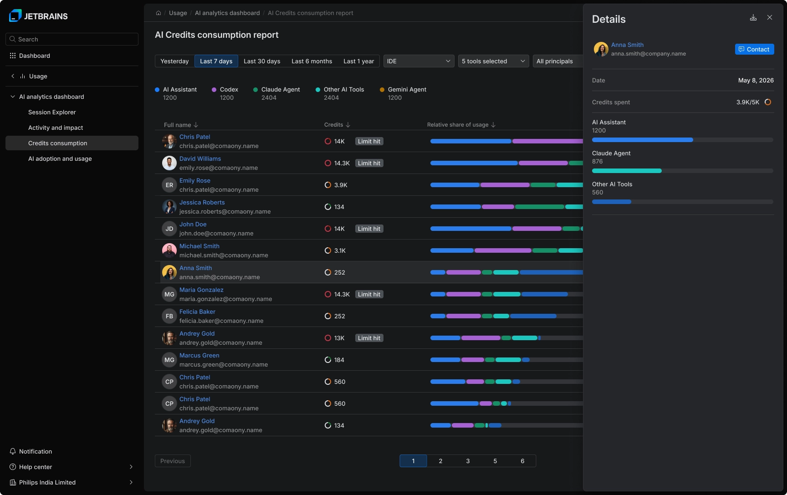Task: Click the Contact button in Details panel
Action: point(754,49)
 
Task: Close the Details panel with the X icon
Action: point(770,17)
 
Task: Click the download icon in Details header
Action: point(753,17)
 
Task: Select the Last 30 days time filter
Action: point(262,61)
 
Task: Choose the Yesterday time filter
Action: point(174,61)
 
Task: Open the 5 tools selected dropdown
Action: point(494,61)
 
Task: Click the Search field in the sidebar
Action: point(72,39)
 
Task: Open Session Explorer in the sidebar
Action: point(52,112)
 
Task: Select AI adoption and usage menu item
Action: point(60,158)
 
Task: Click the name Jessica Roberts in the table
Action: point(202,202)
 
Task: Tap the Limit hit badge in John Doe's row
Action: point(369,229)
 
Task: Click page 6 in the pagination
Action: point(522,461)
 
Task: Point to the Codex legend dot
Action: point(214,90)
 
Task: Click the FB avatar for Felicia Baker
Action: point(169,316)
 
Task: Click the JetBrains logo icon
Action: point(15,16)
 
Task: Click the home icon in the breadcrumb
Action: point(158,13)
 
